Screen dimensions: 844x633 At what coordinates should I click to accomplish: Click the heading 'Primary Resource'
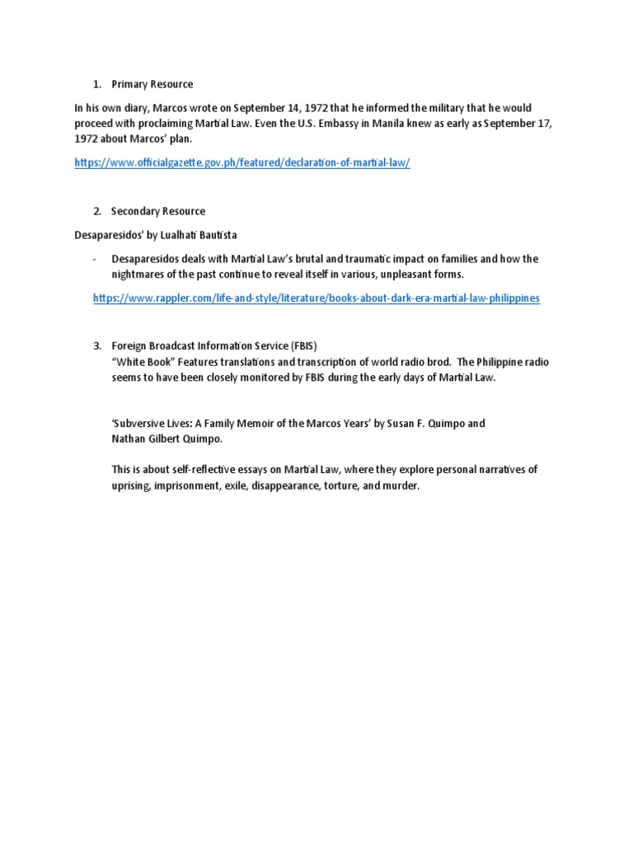(x=152, y=85)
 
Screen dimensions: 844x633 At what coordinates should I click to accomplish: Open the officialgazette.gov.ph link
(x=241, y=163)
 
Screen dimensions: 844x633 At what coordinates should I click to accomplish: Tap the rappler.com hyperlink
(x=316, y=298)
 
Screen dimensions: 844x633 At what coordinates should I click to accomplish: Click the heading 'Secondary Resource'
(x=158, y=212)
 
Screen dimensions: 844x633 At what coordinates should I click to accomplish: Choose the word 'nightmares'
(x=139, y=274)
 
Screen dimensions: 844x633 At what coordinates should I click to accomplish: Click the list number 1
(x=96, y=85)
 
